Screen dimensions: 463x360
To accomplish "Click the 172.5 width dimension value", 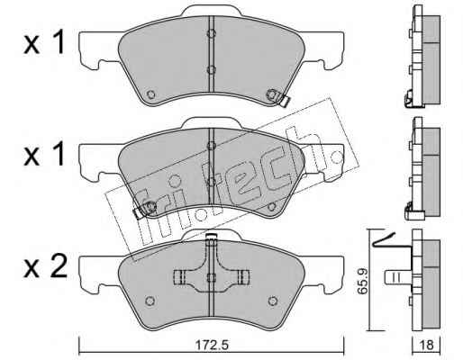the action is click(x=212, y=345).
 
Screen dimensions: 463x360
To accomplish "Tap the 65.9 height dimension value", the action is click(x=363, y=281).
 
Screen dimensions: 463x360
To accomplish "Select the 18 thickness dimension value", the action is click(x=426, y=345).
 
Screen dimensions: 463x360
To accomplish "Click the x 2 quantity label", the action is click(x=45, y=265).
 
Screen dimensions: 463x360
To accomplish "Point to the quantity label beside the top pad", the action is click(x=44, y=43).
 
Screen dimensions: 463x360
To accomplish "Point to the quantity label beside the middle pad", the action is click(x=44, y=154).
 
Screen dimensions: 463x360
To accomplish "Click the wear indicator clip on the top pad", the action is click(x=282, y=99).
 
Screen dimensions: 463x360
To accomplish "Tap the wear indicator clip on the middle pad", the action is click(x=143, y=210).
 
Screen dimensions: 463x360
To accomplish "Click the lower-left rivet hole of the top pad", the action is click(x=150, y=94).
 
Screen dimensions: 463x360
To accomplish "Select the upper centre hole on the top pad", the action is click(x=212, y=33).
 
